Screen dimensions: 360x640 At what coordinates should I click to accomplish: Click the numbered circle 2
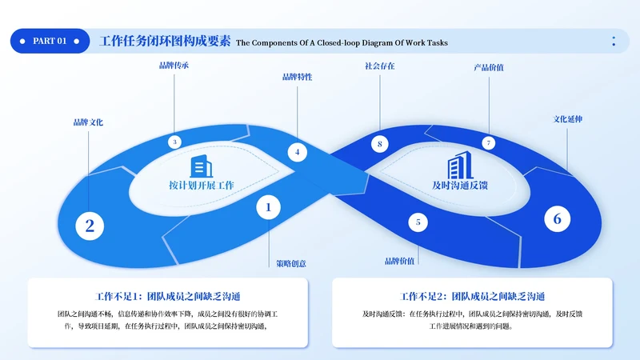coord(90,226)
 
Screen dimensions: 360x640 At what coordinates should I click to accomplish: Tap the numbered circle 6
coord(558,218)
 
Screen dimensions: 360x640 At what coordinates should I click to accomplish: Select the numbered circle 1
coord(269,208)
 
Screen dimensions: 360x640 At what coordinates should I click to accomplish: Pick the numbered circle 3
coord(174,142)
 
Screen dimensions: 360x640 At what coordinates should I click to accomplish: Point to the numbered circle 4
coord(297,152)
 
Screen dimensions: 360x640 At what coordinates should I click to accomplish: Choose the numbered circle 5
coord(418,222)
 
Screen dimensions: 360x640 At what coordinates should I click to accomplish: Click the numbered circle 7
coord(489,142)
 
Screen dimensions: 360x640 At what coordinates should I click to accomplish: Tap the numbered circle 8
coord(381,144)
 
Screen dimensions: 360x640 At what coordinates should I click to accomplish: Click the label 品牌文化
coord(88,122)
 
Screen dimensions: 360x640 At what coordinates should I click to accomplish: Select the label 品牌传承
coord(174,66)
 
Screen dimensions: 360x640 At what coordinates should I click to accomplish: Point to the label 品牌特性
coord(297,78)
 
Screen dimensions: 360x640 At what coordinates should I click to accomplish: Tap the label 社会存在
coord(379,66)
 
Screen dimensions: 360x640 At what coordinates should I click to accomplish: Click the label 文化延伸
coord(568,119)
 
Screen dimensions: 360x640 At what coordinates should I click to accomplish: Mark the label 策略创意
coord(291,262)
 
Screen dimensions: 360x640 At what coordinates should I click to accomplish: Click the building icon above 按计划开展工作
coord(201,166)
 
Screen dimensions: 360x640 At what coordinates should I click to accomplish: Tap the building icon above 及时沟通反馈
coord(459,166)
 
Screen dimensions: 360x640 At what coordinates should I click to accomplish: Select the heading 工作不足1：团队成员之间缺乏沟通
coord(168,296)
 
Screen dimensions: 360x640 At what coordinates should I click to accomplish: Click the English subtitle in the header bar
coord(342,42)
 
